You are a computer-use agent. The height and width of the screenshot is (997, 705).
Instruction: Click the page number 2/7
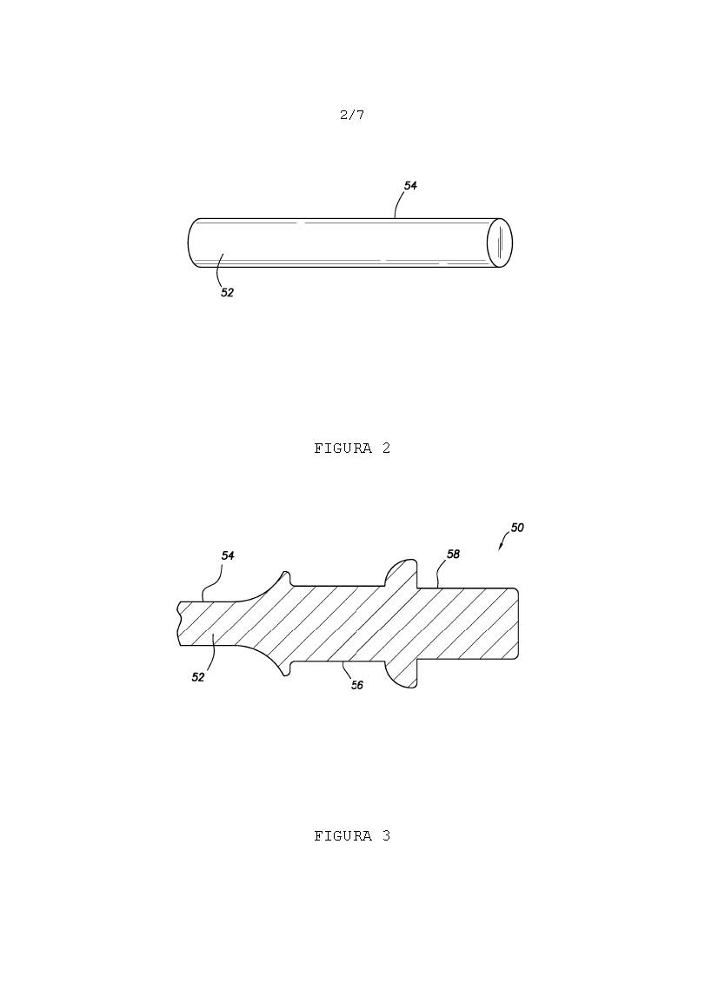(352, 115)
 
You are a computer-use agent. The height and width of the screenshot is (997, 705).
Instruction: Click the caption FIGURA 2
(352, 449)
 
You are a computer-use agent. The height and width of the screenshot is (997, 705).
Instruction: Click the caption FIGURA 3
(352, 836)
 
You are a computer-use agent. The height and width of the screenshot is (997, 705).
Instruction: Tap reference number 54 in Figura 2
(410, 186)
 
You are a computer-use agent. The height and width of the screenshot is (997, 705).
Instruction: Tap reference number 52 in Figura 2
(227, 292)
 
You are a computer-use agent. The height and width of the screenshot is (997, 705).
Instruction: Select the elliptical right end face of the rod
(500, 243)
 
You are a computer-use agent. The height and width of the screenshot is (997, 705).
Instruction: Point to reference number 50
(517, 528)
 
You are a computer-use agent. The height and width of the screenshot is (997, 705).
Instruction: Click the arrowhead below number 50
(501, 548)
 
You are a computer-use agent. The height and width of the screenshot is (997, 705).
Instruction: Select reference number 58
(453, 555)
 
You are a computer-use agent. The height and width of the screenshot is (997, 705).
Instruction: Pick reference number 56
(357, 685)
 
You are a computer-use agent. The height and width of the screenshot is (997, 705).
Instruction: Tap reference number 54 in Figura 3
(228, 555)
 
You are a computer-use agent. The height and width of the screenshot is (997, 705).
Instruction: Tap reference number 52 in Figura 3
(198, 678)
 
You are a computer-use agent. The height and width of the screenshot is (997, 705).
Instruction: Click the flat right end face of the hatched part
(519, 623)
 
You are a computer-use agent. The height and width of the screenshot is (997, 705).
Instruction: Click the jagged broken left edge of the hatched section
(178, 624)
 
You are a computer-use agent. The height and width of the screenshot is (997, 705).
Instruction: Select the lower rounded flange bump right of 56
(401, 676)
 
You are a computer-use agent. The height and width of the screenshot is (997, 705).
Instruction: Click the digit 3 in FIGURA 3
(387, 836)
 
